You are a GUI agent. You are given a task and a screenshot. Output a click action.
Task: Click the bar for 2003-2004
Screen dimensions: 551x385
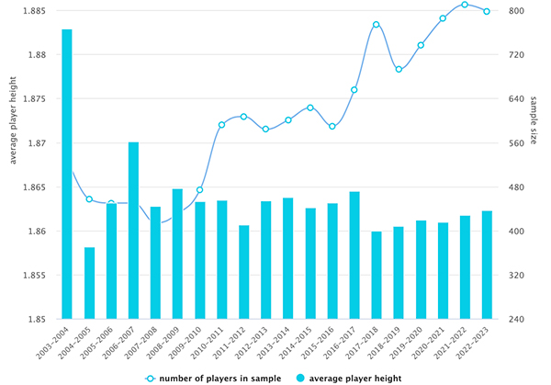(67, 174)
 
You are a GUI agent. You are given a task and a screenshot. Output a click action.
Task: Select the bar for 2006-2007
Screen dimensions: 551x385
(133, 231)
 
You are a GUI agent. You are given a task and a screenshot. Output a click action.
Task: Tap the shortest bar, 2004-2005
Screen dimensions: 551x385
(89, 283)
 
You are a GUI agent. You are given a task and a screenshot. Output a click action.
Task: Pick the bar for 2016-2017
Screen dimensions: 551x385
(354, 255)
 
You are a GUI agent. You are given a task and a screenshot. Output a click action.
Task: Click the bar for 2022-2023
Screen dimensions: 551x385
(487, 266)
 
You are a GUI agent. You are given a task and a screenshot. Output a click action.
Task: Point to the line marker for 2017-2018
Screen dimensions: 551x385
(377, 25)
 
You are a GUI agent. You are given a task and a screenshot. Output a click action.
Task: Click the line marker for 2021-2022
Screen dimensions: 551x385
(465, 5)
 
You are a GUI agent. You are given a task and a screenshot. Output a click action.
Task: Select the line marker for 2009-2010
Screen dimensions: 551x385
(199, 190)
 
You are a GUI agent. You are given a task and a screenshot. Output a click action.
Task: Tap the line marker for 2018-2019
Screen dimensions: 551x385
(399, 69)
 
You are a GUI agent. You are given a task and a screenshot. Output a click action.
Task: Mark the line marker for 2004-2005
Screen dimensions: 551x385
(89, 199)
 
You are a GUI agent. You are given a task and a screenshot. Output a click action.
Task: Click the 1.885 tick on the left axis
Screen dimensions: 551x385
(34, 11)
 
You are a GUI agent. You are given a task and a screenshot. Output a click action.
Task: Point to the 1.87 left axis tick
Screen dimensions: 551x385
(37, 143)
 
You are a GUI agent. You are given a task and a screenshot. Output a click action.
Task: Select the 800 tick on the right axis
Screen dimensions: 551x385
(516, 11)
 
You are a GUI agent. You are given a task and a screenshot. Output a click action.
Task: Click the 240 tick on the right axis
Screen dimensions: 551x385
(516, 319)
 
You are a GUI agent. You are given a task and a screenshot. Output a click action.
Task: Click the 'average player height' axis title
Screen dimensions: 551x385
(13, 120)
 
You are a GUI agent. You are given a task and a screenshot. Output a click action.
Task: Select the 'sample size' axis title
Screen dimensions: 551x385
(533, 120)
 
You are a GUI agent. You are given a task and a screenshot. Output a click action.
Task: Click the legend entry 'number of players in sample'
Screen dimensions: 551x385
(213, 379)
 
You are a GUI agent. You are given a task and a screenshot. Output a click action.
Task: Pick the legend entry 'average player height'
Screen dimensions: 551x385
(349, 379)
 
